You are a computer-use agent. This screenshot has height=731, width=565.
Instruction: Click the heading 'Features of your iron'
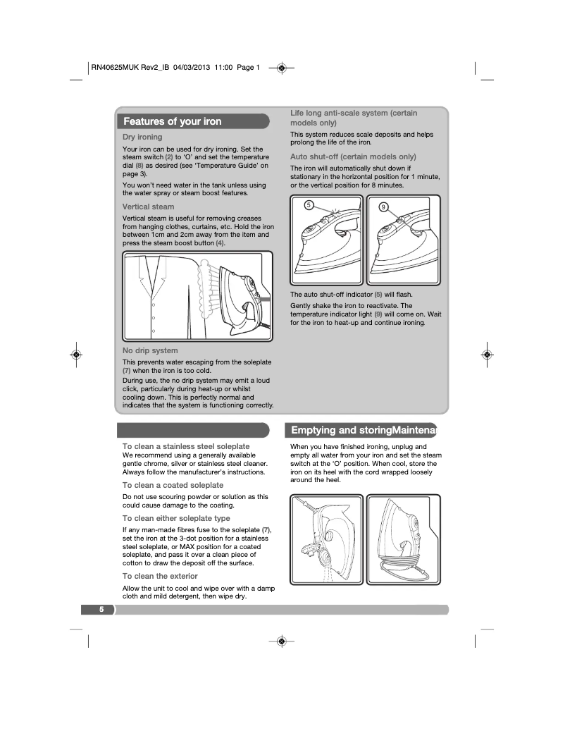point(173,121)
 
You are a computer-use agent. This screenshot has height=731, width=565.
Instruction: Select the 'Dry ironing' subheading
point(142,137)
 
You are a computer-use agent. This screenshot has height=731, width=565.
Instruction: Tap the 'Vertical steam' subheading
point(148,207)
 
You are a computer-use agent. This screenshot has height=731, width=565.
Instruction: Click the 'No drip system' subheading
point(150,350)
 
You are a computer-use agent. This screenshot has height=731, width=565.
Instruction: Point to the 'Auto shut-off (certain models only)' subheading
point(353,156)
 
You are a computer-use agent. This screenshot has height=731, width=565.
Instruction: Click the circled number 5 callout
point(309,205)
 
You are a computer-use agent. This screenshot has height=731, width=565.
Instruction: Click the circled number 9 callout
point(383,207)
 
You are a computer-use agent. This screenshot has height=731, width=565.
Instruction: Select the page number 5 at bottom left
point(101,610)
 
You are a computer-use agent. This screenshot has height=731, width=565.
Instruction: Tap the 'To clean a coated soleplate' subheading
point(173,485)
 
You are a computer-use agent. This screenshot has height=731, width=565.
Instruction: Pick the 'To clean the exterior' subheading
point(160,576)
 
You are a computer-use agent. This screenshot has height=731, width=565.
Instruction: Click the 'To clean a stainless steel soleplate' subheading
point(186,446)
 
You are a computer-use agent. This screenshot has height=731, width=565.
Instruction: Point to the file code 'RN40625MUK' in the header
point(116,68)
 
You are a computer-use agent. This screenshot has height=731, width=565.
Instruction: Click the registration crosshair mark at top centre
point(281,68)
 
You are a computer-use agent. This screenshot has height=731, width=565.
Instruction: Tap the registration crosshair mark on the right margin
point(486,355)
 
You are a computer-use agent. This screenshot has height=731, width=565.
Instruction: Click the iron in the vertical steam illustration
point(240,296)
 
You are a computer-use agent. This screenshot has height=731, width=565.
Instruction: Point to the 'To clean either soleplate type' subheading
point(176,518)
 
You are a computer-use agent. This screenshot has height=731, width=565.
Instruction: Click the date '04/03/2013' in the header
point(192,68)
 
